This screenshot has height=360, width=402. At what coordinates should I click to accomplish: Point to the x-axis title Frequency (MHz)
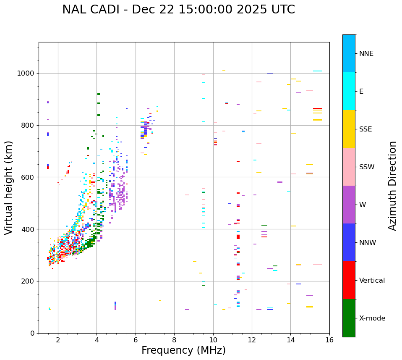183,350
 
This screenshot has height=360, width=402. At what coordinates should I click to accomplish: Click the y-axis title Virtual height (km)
9,187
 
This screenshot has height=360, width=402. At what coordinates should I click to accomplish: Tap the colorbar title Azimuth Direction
392,186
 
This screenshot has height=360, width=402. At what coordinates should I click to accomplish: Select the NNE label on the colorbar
366,54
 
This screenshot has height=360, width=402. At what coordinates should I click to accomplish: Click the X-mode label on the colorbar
372,318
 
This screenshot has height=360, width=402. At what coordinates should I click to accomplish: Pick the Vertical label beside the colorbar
372,281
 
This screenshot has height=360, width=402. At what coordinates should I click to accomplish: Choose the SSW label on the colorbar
367,167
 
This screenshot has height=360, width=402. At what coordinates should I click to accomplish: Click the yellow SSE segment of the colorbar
349,129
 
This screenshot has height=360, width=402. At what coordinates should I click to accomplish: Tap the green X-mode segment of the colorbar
349,318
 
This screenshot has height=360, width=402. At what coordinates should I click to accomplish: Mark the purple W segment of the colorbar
349,205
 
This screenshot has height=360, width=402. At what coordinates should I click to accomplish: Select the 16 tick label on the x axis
329,340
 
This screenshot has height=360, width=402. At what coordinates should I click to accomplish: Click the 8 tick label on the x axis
174,340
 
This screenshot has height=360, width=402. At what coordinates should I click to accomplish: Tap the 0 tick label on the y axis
32,333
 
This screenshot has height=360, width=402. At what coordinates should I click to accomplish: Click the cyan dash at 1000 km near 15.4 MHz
318,71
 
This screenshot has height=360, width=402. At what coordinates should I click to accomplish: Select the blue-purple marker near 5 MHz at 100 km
115,305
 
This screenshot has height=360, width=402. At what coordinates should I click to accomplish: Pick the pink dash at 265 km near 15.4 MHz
318,264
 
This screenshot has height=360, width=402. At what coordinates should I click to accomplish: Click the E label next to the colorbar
361,92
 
